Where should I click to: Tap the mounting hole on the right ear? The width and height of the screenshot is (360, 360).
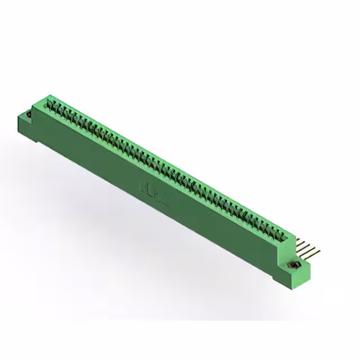(x=293, y=264)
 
